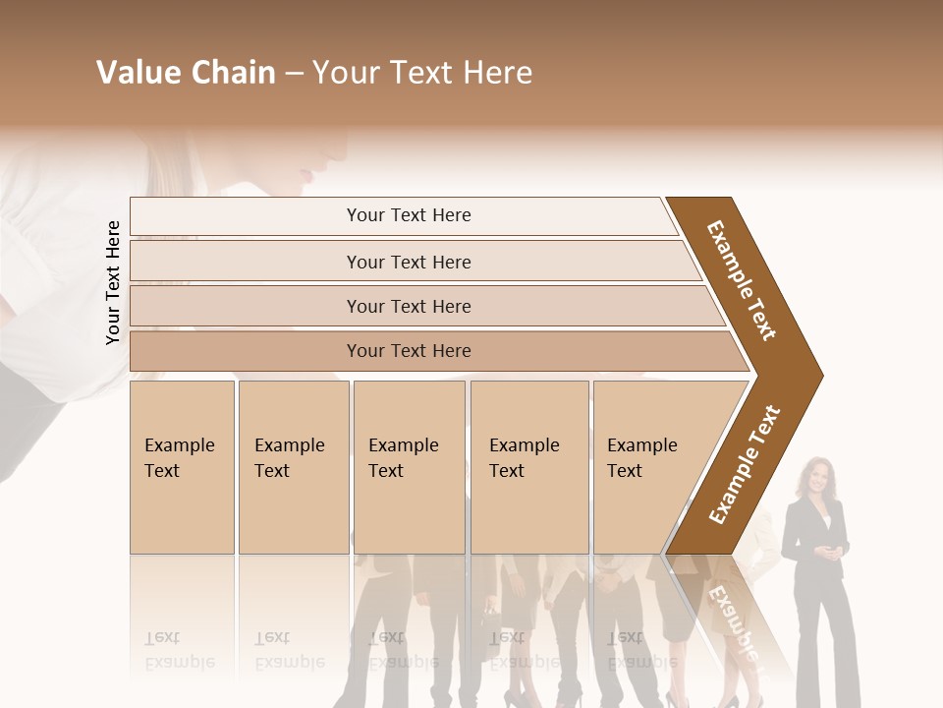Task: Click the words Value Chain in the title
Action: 186,73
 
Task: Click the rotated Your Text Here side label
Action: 113,282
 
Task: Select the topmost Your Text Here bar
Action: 408,215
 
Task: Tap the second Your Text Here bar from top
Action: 408,262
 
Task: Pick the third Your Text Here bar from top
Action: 408,306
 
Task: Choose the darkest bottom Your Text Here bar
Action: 408,351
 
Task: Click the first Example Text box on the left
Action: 182,466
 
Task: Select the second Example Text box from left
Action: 293,466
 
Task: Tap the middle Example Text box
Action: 409,466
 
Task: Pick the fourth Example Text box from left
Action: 528,466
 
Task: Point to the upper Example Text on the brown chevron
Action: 742,280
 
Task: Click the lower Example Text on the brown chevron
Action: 745,464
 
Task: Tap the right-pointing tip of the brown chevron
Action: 817,375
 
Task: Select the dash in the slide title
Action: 294,73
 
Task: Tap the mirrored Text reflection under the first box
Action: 162,637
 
